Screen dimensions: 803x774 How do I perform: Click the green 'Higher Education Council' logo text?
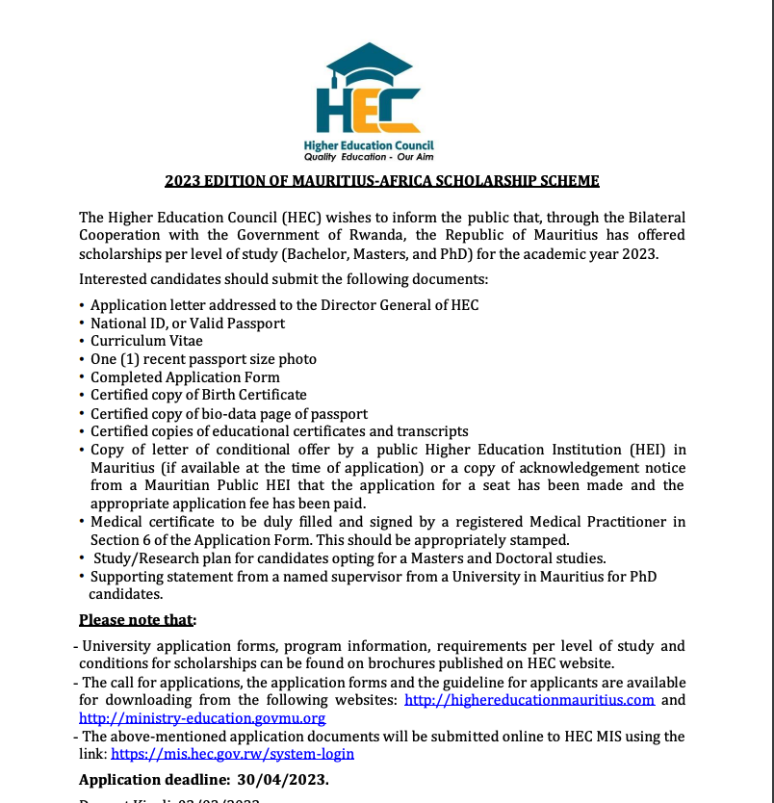click(x=369, y=145)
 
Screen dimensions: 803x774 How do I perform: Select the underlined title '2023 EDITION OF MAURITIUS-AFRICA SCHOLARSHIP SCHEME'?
click(x=382, y=181)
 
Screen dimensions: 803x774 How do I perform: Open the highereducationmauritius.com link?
click(x=529, y=700)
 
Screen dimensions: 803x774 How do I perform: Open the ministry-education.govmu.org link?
click(x=202, y=718)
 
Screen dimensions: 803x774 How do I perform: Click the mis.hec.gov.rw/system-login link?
click(x=232, y=754)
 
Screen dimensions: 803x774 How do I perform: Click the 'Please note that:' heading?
click(x=138, y=619)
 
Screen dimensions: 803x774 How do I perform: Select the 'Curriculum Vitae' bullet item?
click(x=146, y=341)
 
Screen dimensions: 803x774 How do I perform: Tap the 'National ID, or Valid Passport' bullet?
click(x=188, y=323)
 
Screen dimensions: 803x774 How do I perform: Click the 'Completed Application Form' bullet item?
click(x=185, y=377)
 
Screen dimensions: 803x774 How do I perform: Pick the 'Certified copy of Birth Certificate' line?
click(x=198, y=395)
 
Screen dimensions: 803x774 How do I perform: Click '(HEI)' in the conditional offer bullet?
click(x=645, y=450)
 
